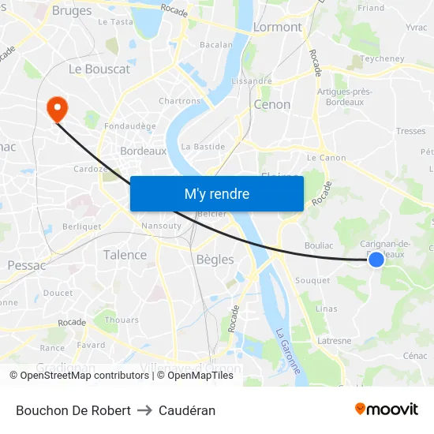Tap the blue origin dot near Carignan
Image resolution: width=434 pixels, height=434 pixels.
click(x=376, y=259)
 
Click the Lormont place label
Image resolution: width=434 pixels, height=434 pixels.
click(x=277, y=27)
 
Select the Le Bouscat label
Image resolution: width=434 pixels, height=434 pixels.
click(x=99, y=69)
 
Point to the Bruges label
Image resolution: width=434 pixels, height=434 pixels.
click(x=72, y=11)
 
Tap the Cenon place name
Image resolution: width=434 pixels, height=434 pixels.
click(x=272, y=104)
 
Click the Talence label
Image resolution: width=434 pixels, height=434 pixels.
click(x=125, y=255)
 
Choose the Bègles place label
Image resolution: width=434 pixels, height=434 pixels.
click(x=214, y=259)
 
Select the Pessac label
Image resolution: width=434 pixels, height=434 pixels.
click(x=28, y=265)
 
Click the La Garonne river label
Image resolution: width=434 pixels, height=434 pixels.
click(x=287, y=350)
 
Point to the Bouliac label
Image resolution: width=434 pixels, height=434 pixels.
click(x=318, y=245)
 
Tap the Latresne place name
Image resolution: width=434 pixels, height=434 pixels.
click(x=334, y=341)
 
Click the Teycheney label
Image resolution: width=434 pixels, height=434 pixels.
click(x=382, y=58)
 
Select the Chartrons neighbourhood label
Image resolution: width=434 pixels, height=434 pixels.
click(x=180, y=101)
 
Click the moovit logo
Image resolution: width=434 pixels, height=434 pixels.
click(x=387, y=409)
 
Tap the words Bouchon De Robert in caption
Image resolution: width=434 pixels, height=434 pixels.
click(x=73, y=410)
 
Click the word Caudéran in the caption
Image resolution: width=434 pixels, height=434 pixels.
click(x=187, y=410)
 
